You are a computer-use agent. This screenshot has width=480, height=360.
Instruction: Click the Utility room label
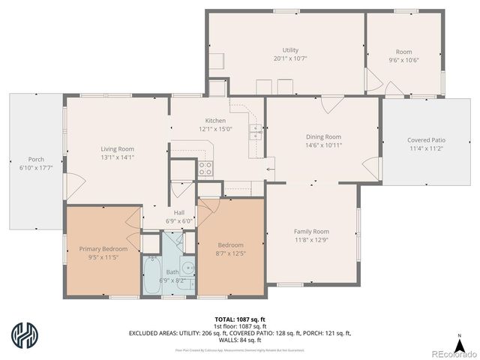[x=290, y=49]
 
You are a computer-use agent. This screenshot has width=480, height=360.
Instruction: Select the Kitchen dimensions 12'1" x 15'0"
[x=215, y=129]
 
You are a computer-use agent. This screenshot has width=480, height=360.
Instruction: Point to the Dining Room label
[x=323, y=136]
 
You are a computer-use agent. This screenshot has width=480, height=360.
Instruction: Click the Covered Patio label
[x=426, y=140]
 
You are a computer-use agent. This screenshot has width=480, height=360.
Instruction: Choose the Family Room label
[x=311, y=232]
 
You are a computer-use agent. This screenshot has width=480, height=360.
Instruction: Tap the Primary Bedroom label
[x=103, y=248]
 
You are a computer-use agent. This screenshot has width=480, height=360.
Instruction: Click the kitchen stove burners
[x=205, y=168]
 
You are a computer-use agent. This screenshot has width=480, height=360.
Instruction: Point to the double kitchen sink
[x=255, y=133]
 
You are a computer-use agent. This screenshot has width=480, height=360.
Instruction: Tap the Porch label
[x=36, y=159]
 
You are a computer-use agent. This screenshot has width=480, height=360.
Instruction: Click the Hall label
[x=179, y=212]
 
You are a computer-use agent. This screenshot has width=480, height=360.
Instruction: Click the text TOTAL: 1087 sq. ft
[x=240, y=319]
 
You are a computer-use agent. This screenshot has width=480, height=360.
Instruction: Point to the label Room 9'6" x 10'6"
[x=403, y=55]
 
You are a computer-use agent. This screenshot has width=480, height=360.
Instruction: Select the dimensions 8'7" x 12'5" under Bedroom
[x=230, y=253]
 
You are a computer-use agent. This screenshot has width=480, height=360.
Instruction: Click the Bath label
[x=172, y=271]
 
